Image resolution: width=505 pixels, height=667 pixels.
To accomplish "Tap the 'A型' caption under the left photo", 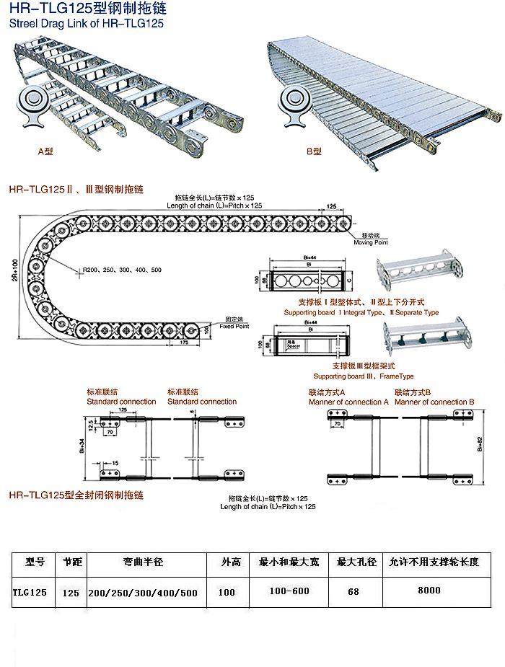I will pyautogui.click(x=46, y=151).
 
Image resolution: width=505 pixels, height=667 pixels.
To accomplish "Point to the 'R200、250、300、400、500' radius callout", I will pyautogui.click(x=122, y=269).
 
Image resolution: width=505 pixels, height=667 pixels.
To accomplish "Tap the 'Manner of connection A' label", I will pyautogui.click(x=348, y=402).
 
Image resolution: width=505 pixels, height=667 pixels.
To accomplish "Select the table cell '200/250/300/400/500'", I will pyautogui.click(x=143, y=592).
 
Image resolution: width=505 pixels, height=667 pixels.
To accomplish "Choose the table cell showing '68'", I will pyautogui.click(x=353, y=591).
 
